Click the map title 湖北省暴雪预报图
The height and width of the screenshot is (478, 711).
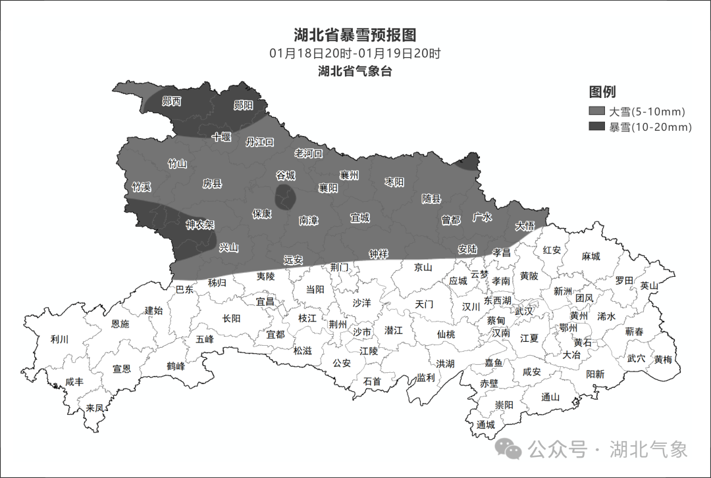tap(355, 35)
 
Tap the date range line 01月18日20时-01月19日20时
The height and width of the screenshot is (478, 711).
tap(355, 53)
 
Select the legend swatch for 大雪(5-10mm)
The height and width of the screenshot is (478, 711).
tap(597, 111)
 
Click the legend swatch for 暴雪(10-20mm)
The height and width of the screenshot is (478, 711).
tap(597, 127)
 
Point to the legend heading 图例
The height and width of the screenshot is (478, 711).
tap(602, 92)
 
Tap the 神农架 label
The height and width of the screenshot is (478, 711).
tap(199, 225)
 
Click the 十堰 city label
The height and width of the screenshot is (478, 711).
tap(221, 137)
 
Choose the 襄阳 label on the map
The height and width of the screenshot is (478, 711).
tap(328, 188)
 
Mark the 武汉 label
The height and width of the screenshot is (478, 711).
tap(525, 310)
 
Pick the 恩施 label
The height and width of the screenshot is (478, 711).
tap(120, 323)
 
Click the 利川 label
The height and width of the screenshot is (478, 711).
tap(59, 339)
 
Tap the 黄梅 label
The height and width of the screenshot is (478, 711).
tap(663, 360)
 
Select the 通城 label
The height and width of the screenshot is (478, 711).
tap(486, 425)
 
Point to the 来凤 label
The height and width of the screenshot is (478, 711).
tap(95, 408)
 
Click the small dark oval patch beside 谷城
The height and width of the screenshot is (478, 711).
tap(285, 197)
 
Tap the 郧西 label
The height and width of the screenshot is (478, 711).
tap(172, 101)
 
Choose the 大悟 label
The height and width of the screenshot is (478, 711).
tap(525, 226)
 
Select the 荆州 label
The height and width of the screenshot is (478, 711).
tap(338, 324)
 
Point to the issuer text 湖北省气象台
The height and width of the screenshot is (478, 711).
tap(355, 71)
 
